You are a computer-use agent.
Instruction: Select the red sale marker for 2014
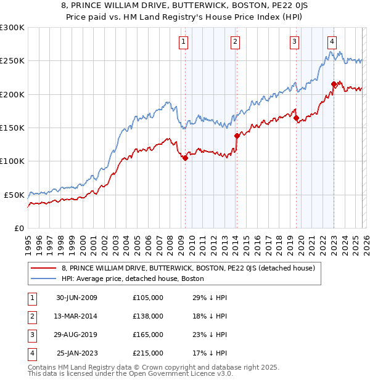tap(237, 136)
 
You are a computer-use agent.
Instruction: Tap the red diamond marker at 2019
tap(297, 118)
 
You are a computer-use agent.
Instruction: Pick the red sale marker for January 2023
tap(334, 84)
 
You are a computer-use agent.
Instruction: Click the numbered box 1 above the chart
tap(184, 42)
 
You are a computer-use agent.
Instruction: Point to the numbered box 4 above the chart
tap(332, 42)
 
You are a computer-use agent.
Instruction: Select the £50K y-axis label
tap(14, 195)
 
